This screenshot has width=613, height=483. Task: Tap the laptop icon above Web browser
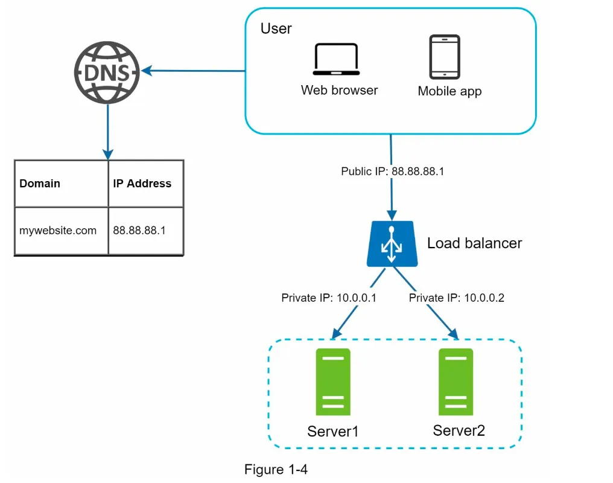coord(335,61)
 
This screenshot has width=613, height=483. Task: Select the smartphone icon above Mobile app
coord(444,57)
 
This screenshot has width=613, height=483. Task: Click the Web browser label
coord(339,91)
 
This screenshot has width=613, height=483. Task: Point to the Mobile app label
coord(449,92)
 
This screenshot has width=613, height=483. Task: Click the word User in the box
coord(276,29)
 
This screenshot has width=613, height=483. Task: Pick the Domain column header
coord(40,184)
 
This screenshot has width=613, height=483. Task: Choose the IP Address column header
coord(142,184)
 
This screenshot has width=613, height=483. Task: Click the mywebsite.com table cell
coord(58,230)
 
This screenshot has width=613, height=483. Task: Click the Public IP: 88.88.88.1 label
coord(392,171)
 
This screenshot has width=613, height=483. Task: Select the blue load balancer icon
coord(391,245)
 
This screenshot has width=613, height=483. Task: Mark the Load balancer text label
coord(474,243)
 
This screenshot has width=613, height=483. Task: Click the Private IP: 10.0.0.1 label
coord(329,298)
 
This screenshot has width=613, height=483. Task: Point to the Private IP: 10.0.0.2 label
coord(456,298)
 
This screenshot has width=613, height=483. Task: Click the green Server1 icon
coord(332,382)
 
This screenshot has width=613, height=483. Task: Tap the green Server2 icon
coord(456,382)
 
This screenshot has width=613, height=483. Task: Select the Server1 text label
coord(333,431)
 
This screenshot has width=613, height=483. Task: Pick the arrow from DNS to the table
coord(107,130)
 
